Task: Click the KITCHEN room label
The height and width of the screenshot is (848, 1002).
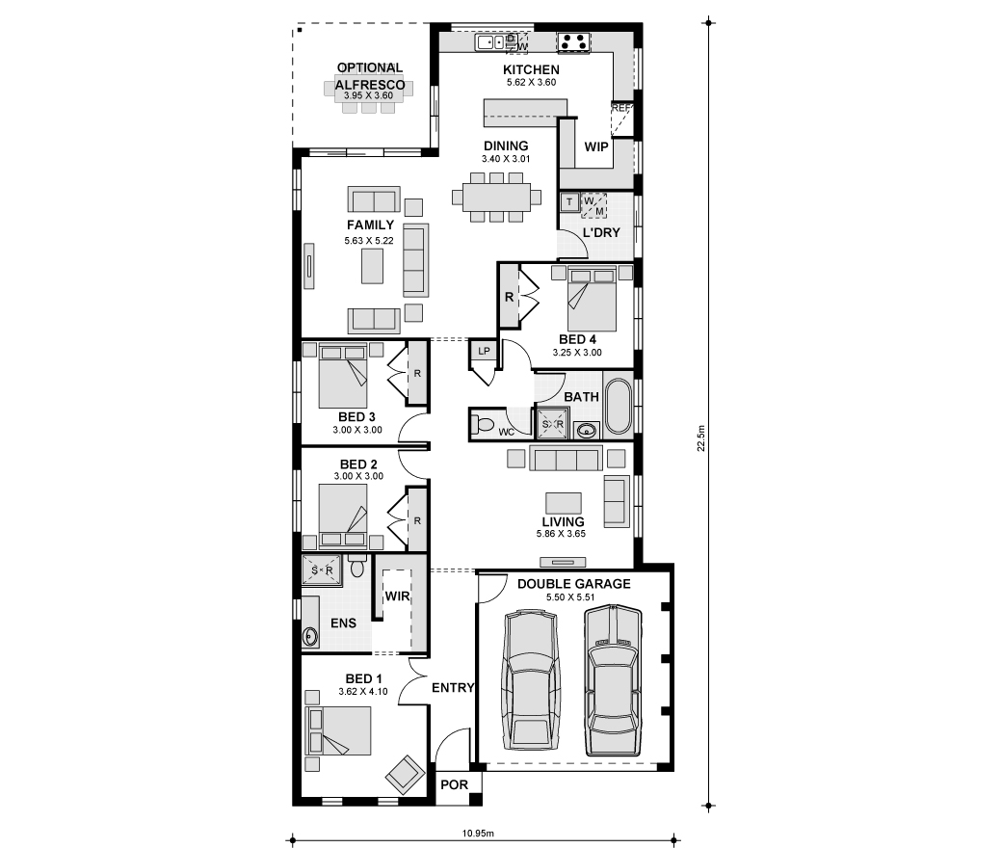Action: [x=531, y=69]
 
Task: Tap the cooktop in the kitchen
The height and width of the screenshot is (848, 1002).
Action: [x=573, y=42]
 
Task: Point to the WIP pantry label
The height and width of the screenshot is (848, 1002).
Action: [x=596, y=147]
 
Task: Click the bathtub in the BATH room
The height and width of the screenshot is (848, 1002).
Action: [x=618, y=407]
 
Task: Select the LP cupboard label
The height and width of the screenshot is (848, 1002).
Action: [x=484, y=351]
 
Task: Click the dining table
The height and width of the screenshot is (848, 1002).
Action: [x=496, y=197]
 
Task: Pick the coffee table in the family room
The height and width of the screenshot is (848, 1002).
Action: [x=373, y=266]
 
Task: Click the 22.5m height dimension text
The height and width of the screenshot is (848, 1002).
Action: [x=701, y=438]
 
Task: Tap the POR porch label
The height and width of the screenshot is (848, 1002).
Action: [x=455, y=784]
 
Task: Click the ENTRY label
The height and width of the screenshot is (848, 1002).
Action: [x=453, y=688]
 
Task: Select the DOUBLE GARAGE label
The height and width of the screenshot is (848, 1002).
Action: [x=574, y=584]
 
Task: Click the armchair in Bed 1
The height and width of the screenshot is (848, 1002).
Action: [x=405, y=775]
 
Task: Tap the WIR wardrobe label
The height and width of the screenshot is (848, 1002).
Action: [x=397, y=596]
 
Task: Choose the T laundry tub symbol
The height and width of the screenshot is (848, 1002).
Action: [x=569, y=202]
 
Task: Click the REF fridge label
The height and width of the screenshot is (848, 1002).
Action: [x=620, y=108]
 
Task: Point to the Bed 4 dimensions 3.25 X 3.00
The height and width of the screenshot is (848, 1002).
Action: [x=577, y=352]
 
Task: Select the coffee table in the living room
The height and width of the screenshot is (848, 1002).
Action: [x=563, y=503]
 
